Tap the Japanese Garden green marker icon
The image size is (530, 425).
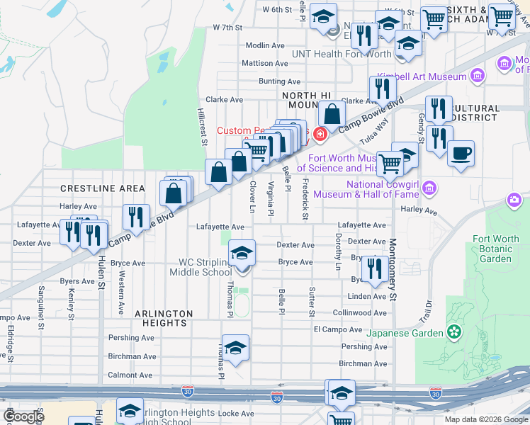click(453, 331)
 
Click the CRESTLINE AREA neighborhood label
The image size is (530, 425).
click(103, 188)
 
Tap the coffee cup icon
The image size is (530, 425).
click(461, 153)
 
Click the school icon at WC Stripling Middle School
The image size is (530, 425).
click(242, 252)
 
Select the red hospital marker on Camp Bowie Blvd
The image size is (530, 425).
click(320, 132)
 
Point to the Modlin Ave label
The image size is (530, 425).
click(265, 45)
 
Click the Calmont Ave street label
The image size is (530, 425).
click(130, 375)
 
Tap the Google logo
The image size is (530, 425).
click(23, 416)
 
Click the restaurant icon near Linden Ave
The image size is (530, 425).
click(373, 268)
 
